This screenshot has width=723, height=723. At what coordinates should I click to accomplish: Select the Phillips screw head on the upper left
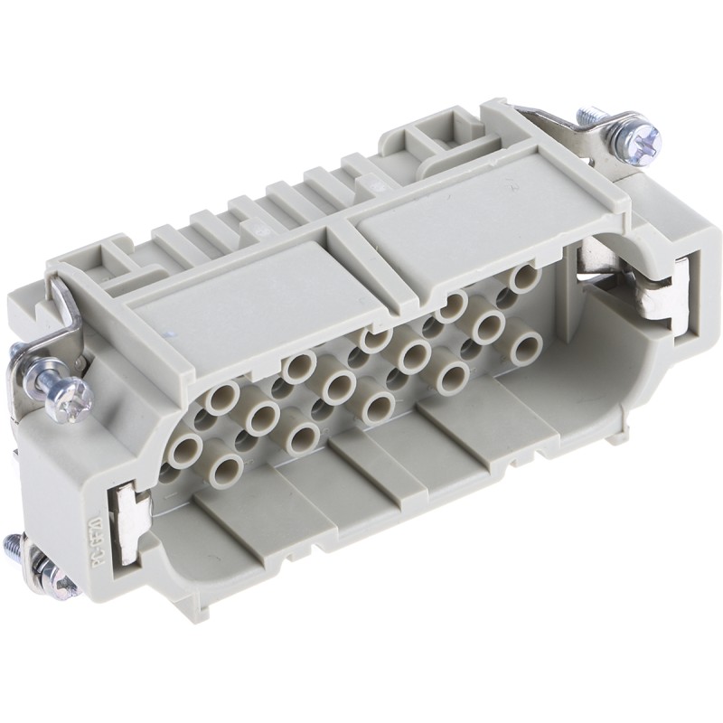tap(72, 397)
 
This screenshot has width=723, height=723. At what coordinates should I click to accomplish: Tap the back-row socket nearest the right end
tap(521, 277)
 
